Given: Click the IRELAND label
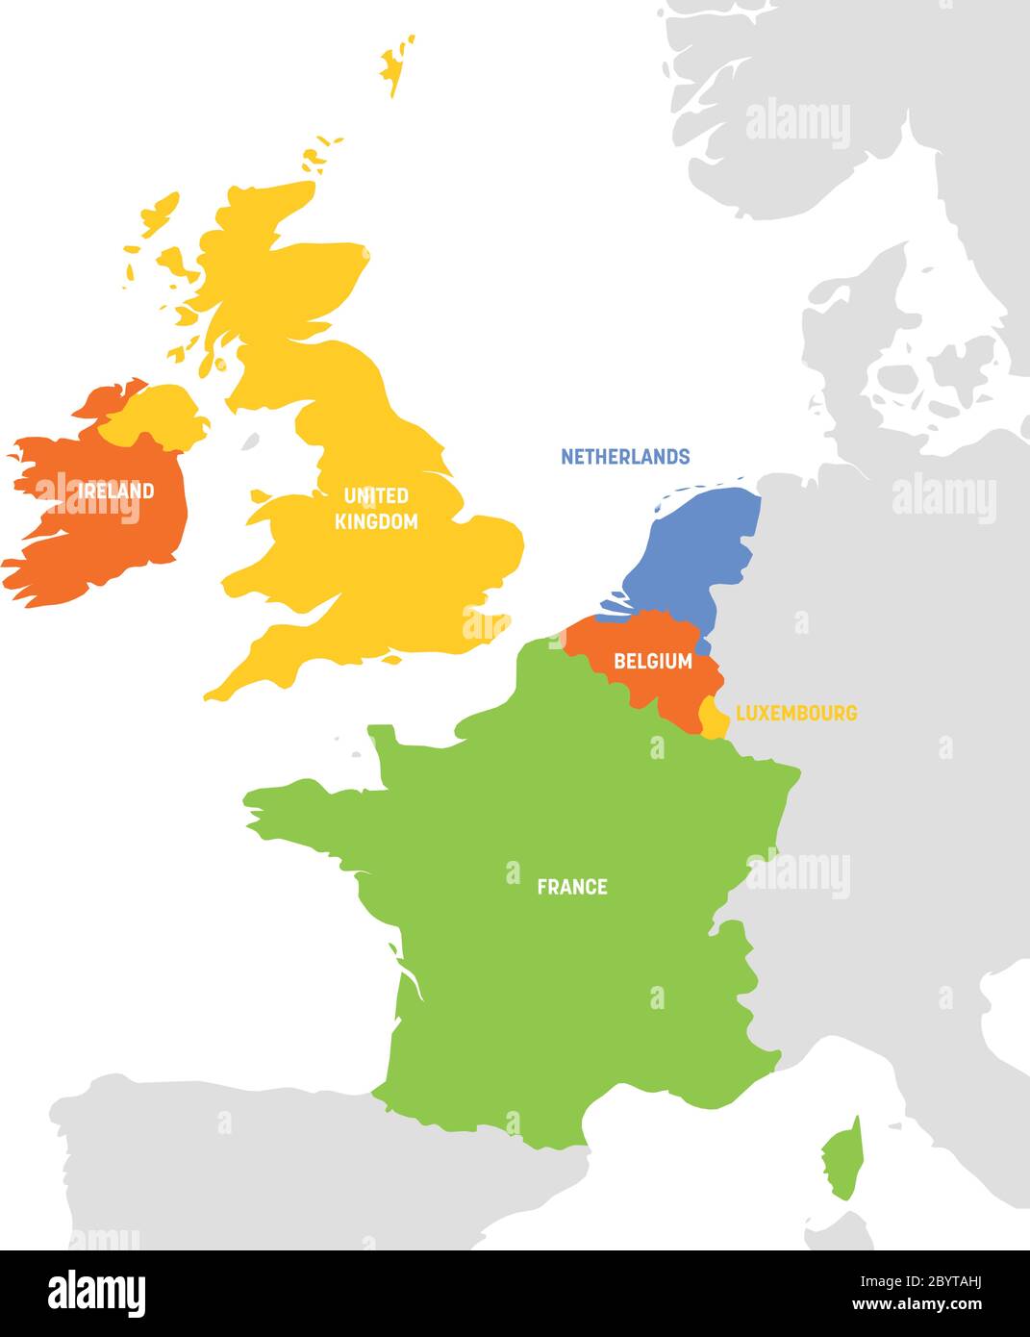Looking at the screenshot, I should pos(116,491).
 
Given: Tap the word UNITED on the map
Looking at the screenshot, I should pos(376,496).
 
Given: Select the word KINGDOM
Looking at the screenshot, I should pos(376,521).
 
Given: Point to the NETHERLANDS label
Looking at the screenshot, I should pos(625,457).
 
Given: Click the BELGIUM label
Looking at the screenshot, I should pos(653,661).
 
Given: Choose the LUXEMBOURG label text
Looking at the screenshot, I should pos(796,714).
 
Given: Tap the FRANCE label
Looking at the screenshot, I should pos(572,887).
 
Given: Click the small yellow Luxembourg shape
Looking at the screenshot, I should pos(714,717).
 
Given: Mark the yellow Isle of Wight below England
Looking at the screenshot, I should pos(390,661).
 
